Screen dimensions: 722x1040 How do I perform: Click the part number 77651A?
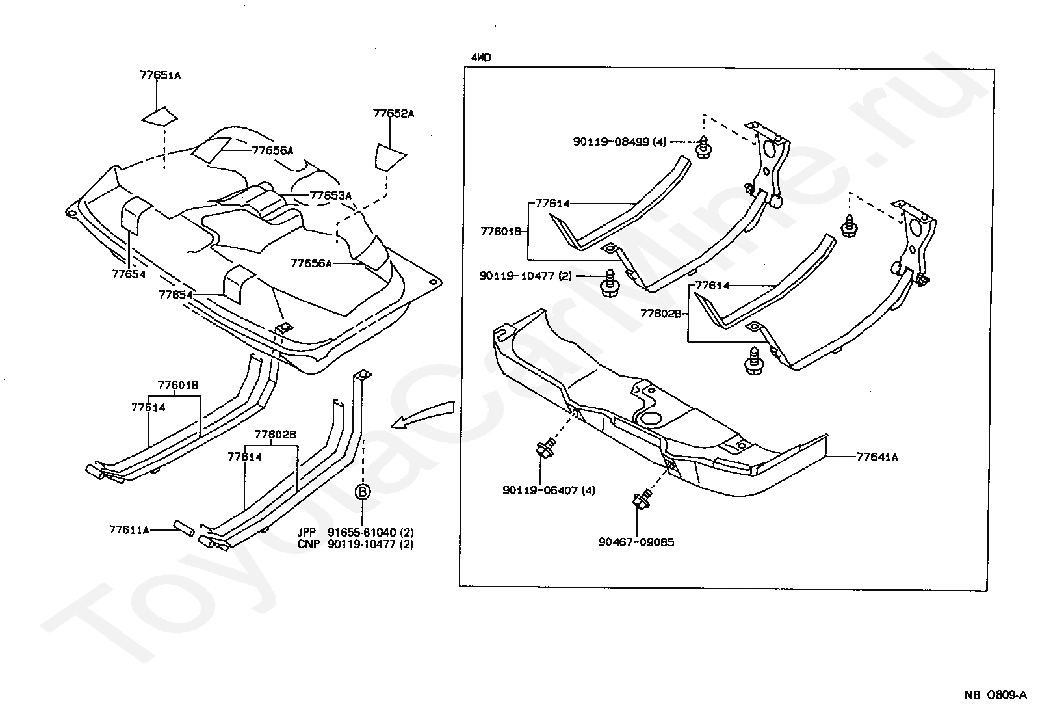pos(160,75)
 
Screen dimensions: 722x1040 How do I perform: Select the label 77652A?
pos(393,113)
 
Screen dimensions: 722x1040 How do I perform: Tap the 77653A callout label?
pos(330,194)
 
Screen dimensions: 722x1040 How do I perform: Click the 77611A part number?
pos(130,529)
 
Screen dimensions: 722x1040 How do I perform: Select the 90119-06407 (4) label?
pos(549,490)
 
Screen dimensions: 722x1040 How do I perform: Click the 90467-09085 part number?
pos(636,541)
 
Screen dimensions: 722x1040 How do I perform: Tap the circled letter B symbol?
pos(363,492)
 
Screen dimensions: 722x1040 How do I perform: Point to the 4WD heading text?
pos(481,57)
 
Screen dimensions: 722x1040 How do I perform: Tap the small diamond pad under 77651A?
pos(160,116)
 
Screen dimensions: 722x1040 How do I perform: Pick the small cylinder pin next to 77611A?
pos(184,528)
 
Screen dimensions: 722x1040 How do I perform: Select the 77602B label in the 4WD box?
pos(660,313)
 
